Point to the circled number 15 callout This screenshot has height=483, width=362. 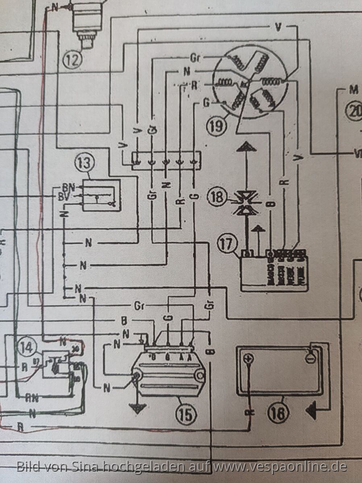click(x=185, y=413)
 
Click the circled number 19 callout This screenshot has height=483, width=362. click(x=216, y=126)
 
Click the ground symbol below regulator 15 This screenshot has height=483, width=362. click(x=138, y=408)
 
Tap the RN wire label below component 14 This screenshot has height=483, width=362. click(x=33, y=399)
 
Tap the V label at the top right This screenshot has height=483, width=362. click(x=278, y=27)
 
